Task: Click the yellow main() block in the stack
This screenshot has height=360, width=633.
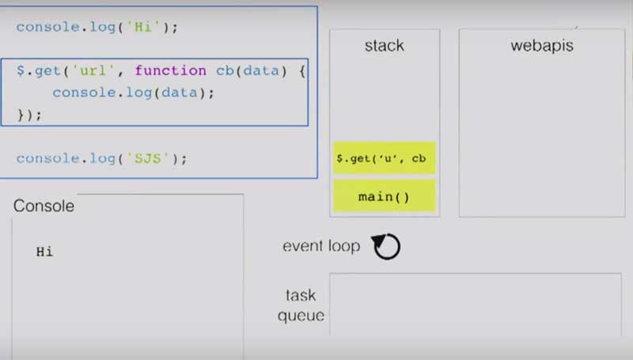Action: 384,196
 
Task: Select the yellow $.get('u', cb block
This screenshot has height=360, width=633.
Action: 384,158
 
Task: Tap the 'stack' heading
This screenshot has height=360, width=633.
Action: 384,45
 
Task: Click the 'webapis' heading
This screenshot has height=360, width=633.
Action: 542,45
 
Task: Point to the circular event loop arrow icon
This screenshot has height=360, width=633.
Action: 387,247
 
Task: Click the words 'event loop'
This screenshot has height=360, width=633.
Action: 320,246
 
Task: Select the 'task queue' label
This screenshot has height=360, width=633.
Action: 301,305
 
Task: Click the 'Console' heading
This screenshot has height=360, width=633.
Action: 44,207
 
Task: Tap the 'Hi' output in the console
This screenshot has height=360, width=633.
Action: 44,252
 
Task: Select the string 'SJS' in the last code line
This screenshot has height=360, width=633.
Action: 148,158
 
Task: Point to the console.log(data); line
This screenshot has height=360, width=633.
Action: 133,93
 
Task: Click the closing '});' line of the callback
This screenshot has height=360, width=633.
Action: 29,114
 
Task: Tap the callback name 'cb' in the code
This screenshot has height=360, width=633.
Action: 224,70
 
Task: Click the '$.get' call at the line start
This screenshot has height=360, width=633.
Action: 38,70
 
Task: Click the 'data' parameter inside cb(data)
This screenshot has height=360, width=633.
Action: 260,70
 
